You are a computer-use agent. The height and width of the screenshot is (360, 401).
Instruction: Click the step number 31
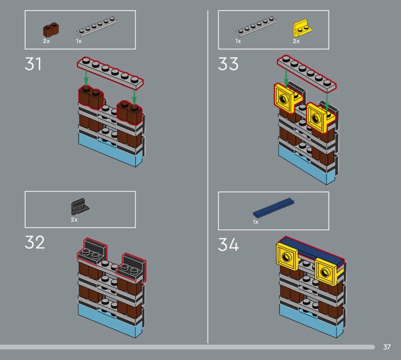[x=33, y=64]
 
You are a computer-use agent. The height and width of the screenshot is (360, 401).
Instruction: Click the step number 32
[x=35, y=242]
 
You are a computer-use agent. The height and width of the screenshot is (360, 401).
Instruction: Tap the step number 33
[x=228, y=64]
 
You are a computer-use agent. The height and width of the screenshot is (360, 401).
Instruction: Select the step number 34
[x=228, y=245]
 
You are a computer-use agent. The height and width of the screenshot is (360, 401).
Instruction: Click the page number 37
[x=386, y=347]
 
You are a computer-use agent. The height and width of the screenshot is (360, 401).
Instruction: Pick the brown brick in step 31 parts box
[x=51, y=30]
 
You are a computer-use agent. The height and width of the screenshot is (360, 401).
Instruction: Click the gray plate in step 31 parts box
[x=99, y=28]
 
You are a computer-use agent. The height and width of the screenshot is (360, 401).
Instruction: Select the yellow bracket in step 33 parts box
[x=301, y=28]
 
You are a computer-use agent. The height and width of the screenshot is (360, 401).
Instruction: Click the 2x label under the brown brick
[x=46, y=41]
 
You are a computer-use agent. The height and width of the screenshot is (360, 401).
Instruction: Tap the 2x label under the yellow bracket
[x=296, y=41]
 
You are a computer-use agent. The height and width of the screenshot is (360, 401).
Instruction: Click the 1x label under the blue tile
[x=256, y=222]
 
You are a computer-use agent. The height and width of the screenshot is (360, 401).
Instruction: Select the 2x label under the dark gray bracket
[x=74, y=220]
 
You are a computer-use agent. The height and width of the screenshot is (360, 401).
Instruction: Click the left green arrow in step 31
[x=86, y=77]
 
